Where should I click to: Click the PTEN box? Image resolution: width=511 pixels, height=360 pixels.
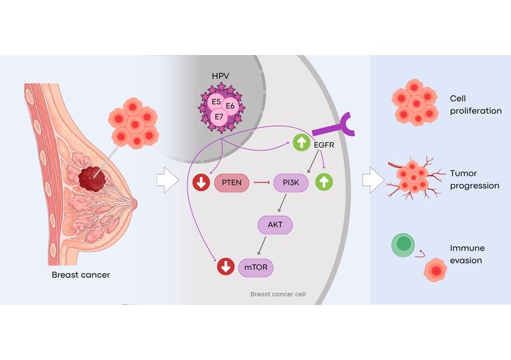click(232, 183)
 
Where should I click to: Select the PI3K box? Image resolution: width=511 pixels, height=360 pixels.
click(291, 183)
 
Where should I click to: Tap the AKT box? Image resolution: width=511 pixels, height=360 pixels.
click(275, 225)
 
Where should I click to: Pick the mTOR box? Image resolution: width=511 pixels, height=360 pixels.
click(255, 267)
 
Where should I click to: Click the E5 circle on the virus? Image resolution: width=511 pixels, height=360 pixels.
click(216, 101)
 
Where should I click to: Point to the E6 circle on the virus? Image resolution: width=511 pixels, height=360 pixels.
click(230, 106)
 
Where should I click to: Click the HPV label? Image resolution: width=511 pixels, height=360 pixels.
click(221, 76)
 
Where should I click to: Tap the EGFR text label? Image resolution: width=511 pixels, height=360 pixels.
click(324, 145)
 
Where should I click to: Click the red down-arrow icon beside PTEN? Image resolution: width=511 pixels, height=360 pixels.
click(201, 183)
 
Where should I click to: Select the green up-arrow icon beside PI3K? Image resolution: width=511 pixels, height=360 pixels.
click(324, 182)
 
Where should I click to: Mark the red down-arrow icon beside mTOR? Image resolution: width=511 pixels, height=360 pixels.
click(226, 267)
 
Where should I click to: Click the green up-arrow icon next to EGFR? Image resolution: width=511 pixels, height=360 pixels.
click(301, 142)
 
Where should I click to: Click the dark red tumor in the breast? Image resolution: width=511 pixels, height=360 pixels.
click(92, 179)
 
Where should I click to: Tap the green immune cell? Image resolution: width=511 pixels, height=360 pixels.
click(403, 245)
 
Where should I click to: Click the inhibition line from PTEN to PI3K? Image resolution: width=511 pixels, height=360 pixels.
click(261, 183)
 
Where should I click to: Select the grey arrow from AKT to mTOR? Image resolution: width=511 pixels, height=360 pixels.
click(262, 246)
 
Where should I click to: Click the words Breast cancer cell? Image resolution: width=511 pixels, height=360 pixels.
click(278, 294)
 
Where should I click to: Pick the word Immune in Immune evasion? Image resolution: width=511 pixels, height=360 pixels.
click(468, 248)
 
